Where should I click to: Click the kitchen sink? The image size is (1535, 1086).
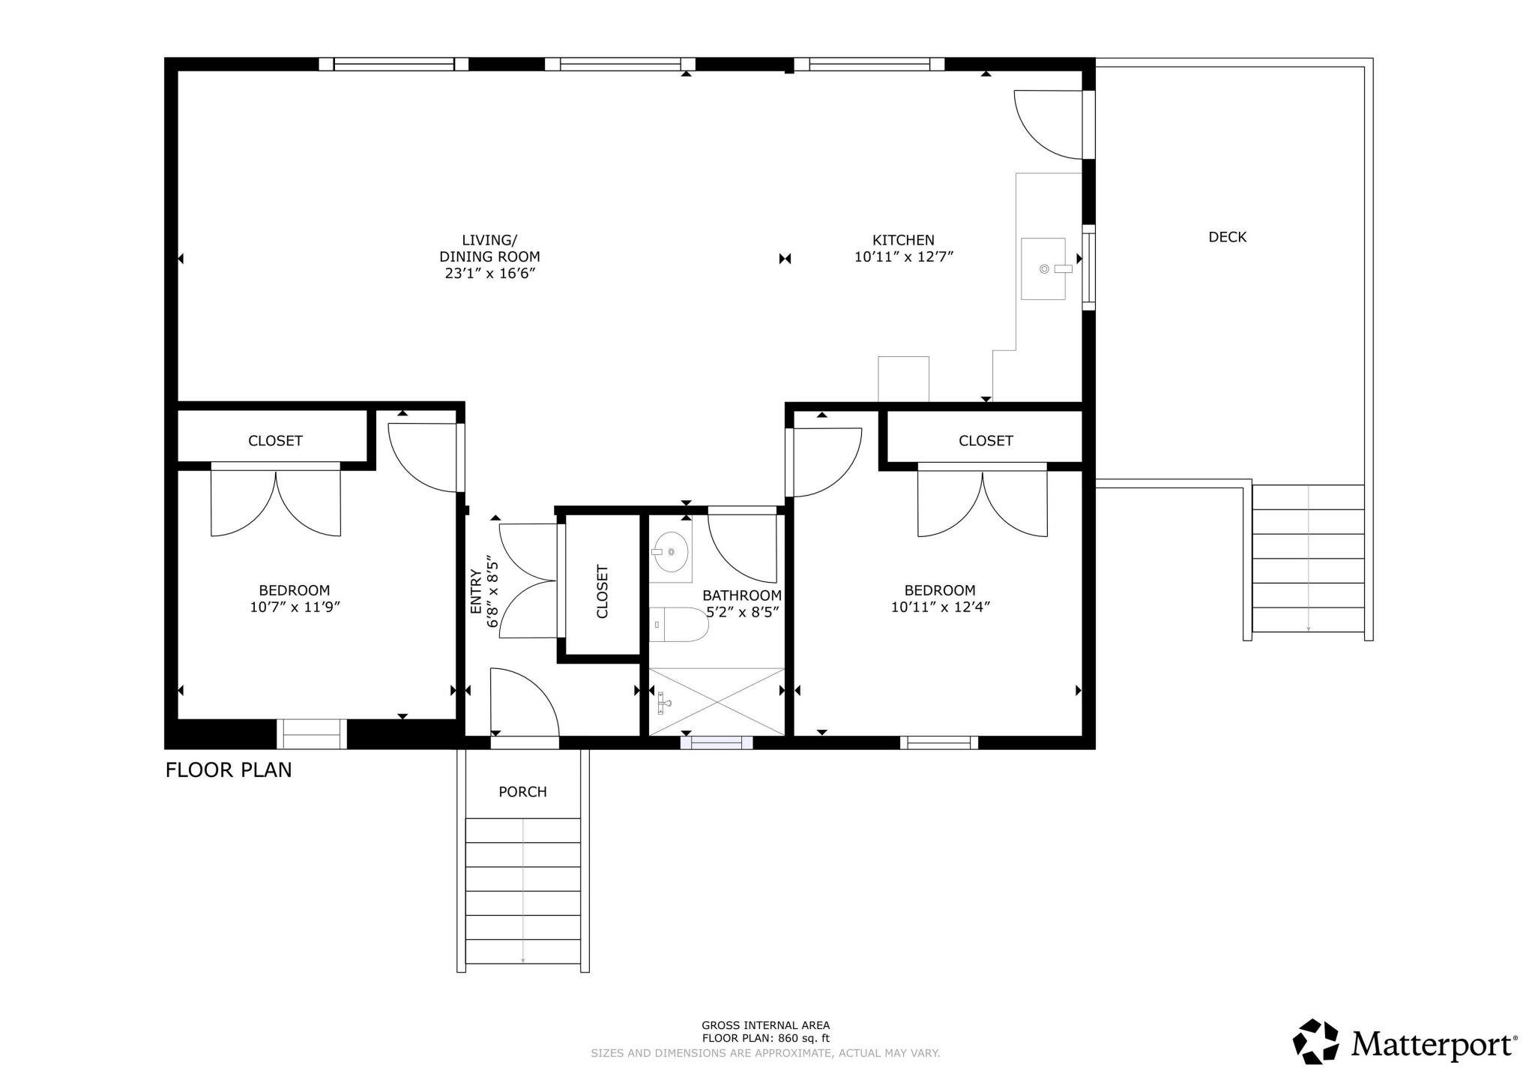[x=1043, y=268]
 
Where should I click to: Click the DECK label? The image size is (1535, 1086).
[x=1228, y=237]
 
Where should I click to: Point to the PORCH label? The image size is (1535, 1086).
[x=522, y=791]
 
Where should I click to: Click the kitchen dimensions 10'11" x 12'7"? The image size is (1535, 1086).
[x=903, y=256]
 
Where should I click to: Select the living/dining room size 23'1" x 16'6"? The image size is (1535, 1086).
[x=489, y=273]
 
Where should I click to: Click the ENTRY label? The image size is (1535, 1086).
[x=476, y=592]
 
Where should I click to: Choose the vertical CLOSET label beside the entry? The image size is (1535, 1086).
[x=603, y=591]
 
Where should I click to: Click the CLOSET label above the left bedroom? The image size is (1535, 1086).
[x=275, y=440]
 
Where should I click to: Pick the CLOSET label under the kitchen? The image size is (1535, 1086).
[x=986, y=440]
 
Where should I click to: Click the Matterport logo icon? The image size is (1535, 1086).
[x=1318, y=1042]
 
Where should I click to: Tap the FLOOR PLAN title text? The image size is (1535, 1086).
[x=229, y=770]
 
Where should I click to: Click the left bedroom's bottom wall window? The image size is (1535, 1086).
[x=312, y=733]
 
